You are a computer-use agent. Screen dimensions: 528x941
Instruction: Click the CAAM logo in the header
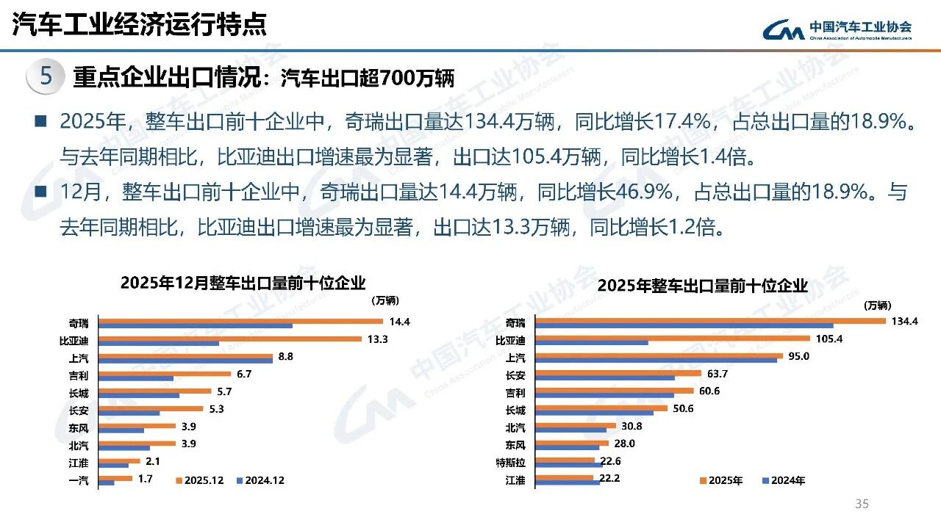click(x=837, y=29)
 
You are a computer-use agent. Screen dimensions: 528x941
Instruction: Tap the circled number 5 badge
click(x=46, y=76)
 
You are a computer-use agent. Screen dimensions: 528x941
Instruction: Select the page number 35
click(x=862, y=504)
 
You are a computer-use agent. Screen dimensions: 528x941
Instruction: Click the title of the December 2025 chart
click(x=243, y=283)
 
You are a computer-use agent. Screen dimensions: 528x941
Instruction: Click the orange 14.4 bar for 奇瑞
click(x=240, y=321)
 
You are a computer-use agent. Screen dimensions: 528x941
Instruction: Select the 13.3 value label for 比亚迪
click(x=379, y=339)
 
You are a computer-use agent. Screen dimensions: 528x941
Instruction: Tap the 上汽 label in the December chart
click(x=78, y=358)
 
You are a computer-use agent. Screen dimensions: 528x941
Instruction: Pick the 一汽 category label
click(x=78, y=481)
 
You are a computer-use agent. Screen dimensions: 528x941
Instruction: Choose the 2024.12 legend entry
click(x=261, y=481)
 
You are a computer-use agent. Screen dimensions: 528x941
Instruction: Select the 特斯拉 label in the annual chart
click(x=511, y=463)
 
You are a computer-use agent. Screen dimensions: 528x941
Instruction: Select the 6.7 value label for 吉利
click(x=244, y=375)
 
